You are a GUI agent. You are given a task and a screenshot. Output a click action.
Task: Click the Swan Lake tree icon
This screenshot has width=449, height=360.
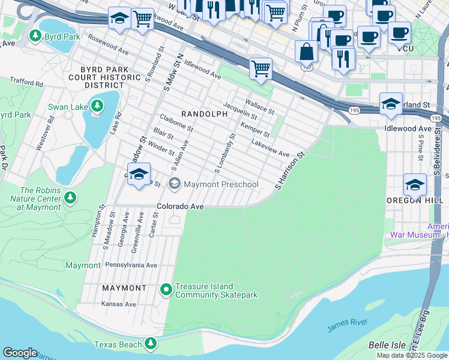(97, 107)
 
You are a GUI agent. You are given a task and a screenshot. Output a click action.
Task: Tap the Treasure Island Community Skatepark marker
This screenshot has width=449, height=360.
(166, 290)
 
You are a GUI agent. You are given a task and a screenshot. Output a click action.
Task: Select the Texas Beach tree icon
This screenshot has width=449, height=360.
(151, 344)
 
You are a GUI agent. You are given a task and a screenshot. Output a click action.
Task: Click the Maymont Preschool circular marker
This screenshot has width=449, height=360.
(175, 184)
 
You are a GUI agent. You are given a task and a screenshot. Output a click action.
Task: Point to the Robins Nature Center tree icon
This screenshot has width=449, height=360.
(70, 197)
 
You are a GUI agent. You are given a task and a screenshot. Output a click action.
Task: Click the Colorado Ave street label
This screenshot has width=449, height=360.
(181, 206)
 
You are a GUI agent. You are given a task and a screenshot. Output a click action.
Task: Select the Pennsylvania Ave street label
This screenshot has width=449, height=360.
(131, 265)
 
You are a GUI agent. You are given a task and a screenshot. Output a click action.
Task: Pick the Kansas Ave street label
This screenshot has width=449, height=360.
(119, 304)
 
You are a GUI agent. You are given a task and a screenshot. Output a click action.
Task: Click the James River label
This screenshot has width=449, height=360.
(348, 325)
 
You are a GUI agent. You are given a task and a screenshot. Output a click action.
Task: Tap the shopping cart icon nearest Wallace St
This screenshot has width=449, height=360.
(261, 69)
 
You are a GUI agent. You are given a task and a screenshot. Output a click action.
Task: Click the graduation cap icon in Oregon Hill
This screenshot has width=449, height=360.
(415, 185)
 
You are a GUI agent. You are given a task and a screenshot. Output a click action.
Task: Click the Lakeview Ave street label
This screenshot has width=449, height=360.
(270, 149)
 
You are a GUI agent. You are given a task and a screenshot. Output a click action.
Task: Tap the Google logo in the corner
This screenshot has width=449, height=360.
(20, 353)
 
